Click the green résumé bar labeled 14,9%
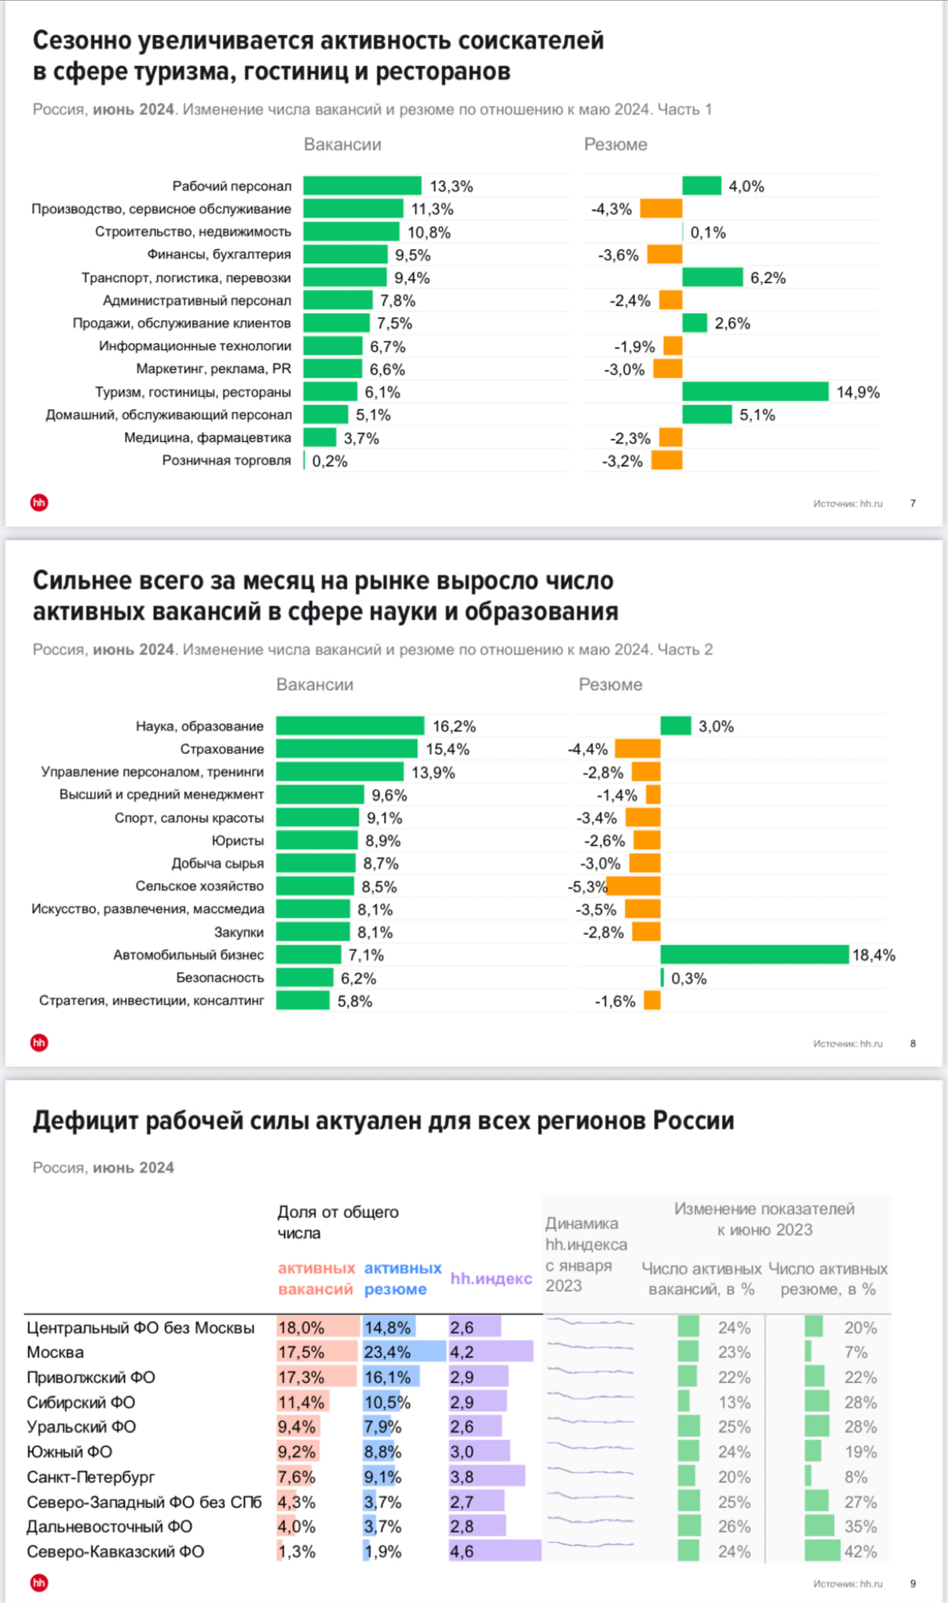(x=755, y=392)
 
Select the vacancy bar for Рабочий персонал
(x=362, y=186)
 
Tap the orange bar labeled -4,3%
(x=661, y=209)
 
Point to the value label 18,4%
(x=874, y=955)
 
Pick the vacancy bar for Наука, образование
(x=350, y=726)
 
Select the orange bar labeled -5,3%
(x=634, y=886)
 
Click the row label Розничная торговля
(x=227, y=460)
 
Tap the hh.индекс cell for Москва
(x=490, y=1352)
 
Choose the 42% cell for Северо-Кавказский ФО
(x=860, y=1551)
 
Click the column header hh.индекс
(x=491, y=1278)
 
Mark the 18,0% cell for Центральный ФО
(x=302, y=1327)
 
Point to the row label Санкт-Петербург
(x=91, y=1477)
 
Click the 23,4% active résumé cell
(x=387, y=1352)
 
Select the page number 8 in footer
(x=913, y=1043)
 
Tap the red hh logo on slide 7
(x=39, y=503)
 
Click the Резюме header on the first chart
(x=615, y=145)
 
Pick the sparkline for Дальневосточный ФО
(x=590, y=1526)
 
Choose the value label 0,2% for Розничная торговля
(x=329, y=461)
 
